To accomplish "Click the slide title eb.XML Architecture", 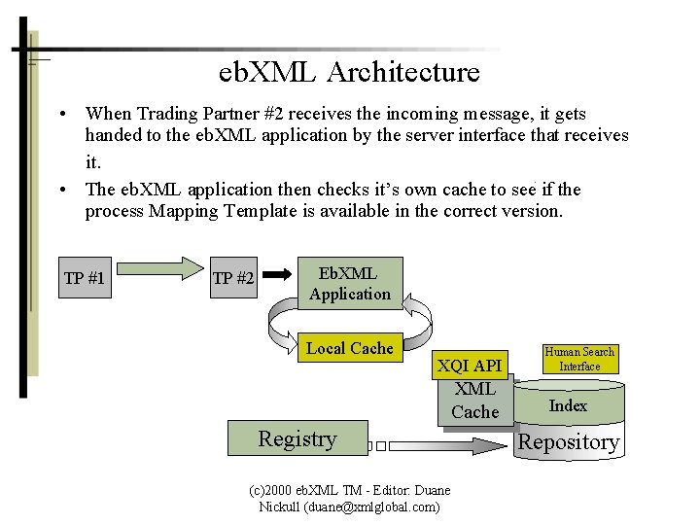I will (349, 72).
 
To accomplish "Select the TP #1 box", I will (85, 278).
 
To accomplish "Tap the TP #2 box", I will (233, 278).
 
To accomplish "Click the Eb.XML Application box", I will (349, 284).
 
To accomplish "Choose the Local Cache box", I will (349, 348).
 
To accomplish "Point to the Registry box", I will (297, 438).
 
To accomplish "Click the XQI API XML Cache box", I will (473, 389).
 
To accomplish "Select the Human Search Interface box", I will (579, 360).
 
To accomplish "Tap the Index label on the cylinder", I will (568, 406).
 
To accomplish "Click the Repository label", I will (569, 442).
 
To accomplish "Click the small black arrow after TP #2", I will (276, 275).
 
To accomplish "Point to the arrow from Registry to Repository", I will (437, 446).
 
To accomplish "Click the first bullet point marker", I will (61, 115).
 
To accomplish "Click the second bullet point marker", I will (61, 190).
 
